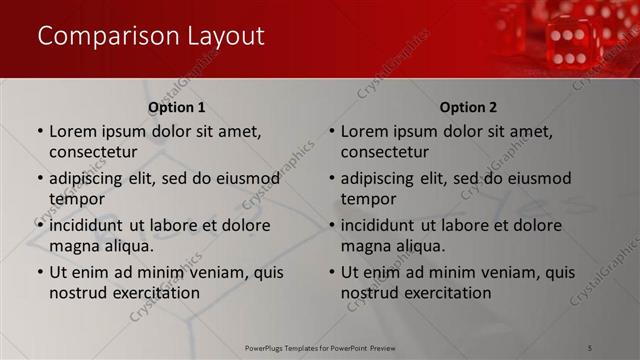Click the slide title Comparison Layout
pyautogui.click(x=150, y=36)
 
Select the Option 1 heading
pyautogui.click(x=177, y=107)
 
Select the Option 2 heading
pyautogui.click(x=468, y=107)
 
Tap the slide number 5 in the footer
pyautogui.click(x=591, y=347)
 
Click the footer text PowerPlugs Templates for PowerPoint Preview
pyautogui.click(x=320, y=347)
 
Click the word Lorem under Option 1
pyautogui.click(x=72, y=131)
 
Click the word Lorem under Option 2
pyautogui.click(x=364, y=131)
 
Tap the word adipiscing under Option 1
pyautogui.click(x=89, y=179)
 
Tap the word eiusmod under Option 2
pyautogui.click(x=537, y=179)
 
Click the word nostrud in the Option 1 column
pyautogui.click(x=77, y=293)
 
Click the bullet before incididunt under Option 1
pyautogui.click(x=39, y=225)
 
